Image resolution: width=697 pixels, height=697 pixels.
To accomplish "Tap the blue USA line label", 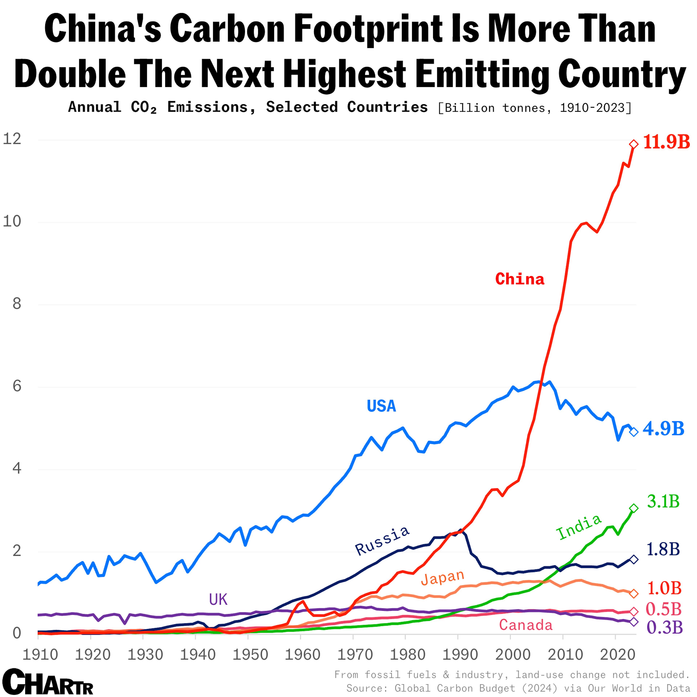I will tap(381, 406).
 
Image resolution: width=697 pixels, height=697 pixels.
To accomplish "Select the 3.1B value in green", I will tap(663, 502).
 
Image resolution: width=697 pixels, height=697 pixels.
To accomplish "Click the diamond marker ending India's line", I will tap(633, 508).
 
